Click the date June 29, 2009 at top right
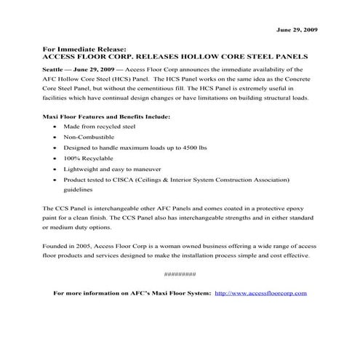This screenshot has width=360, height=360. click(x=297, y=30)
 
